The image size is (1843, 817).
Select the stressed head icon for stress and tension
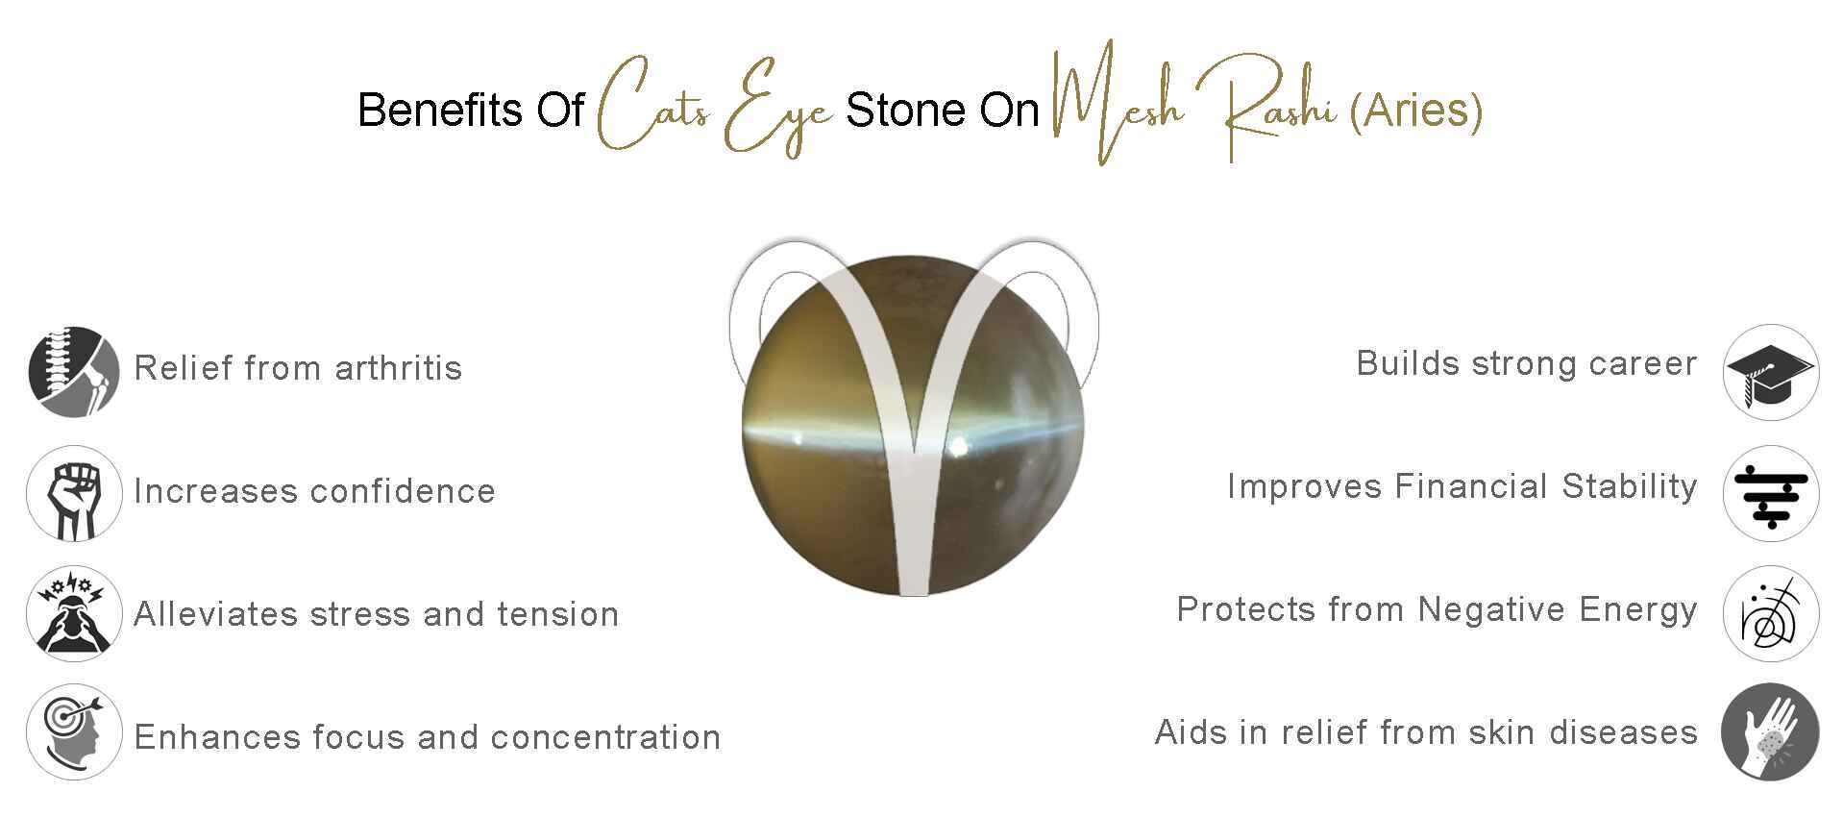tap(74, 614)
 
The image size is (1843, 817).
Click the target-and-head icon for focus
tap(74, 732)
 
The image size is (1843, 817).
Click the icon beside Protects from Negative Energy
tap(1769, 614)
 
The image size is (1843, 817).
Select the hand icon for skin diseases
tap(1769, 732)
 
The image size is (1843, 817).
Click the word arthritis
tap(399, 368)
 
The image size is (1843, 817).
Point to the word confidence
tap(403, 491)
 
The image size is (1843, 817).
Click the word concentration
tap(605, 737)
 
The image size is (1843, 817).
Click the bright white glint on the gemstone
tap(958, 445)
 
